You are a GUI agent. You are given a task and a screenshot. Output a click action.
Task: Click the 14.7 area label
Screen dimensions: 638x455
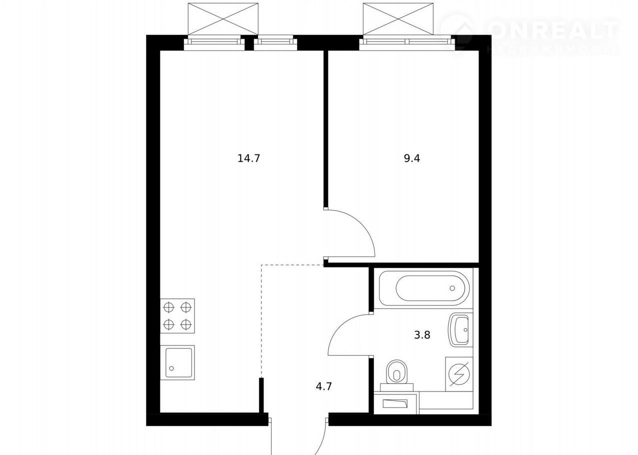pyautogui.click(x=249, y=158)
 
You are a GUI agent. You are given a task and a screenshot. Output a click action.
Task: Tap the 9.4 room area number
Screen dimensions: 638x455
pyautogui.click(x=412, y=158)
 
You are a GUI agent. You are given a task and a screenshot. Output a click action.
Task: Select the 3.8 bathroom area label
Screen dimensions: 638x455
pyautogui.click(x=422, y=335)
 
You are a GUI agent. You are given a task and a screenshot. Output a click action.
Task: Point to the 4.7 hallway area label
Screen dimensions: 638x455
pyautogui.click(x=324, y=386)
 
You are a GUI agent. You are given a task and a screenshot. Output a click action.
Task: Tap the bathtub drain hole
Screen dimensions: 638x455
pyautogui.click(x=452, y=288)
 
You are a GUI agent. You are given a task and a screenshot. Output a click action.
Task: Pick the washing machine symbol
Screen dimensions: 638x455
pyautogui.click(x=459, y=374)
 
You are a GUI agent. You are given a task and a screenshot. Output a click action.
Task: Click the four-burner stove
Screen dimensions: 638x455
pyautogui.click(x=177, y=315)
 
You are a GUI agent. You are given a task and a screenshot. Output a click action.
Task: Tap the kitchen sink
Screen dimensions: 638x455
pyautogui.click(x=177, y=362)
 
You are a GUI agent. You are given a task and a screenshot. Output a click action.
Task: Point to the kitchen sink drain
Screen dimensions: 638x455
pyautogui.click(x=171, y=368)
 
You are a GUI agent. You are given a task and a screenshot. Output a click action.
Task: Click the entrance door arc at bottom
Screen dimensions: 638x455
pyautogui.click(x=323, y=439)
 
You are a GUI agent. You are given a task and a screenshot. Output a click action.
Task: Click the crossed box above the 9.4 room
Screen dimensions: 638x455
pyautogui.click(x=398, y=19)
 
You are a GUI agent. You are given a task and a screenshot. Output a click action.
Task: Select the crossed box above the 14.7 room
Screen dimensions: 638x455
pyautogui.click(x=223, y=19)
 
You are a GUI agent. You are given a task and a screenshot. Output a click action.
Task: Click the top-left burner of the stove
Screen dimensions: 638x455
pyautogui.click(x=168, y=307)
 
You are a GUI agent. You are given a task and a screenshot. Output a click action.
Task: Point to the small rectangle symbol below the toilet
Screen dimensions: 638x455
pyautogui.click(x=395, y=403)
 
